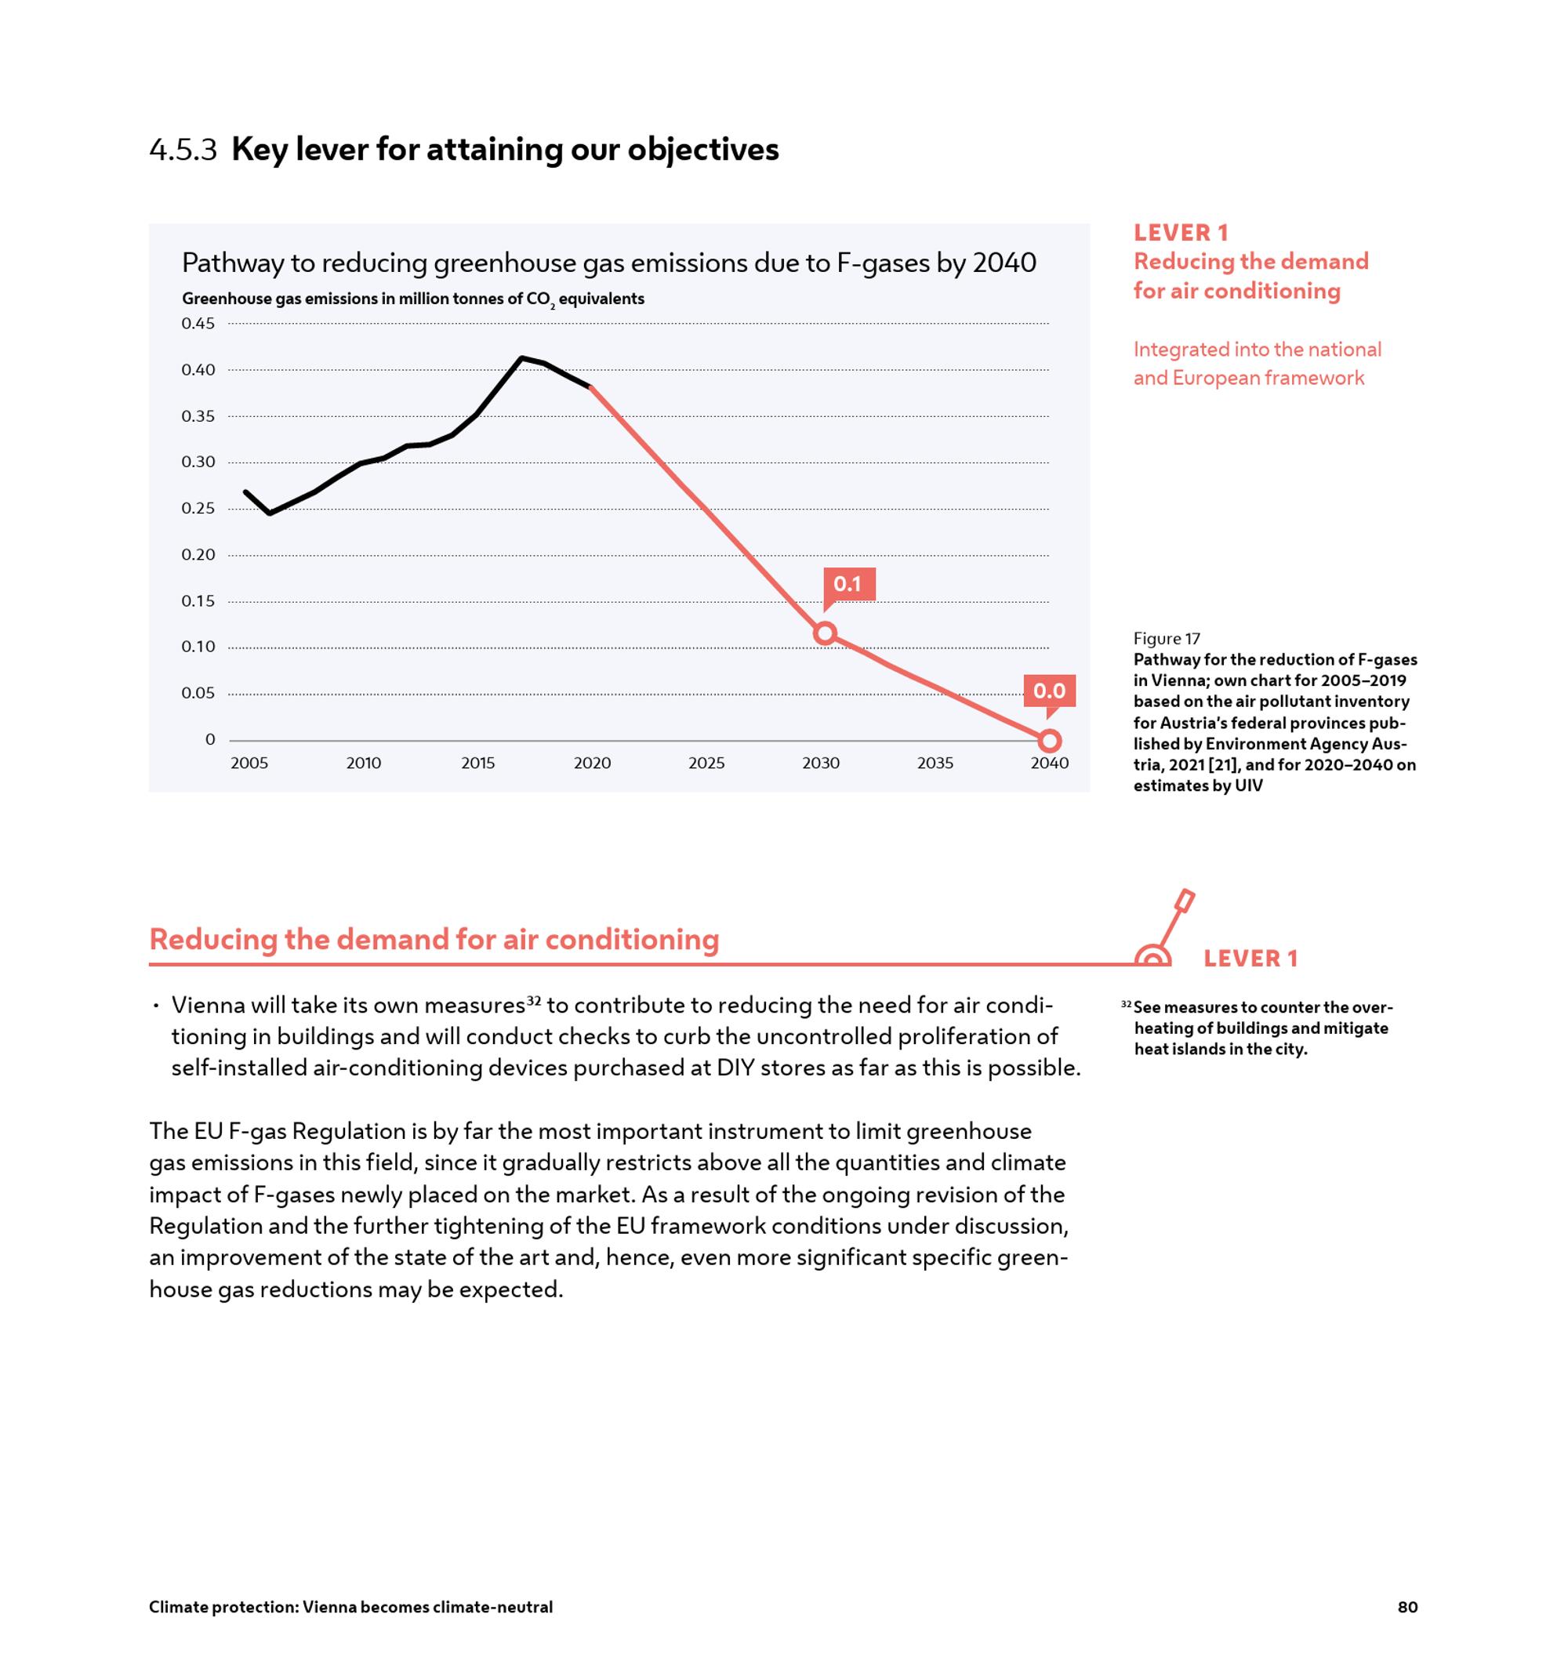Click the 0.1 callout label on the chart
click(x=848, y=584)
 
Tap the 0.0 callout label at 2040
click(x=1048, y=691)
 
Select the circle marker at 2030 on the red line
click(x=825, y=633)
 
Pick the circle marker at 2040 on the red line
click(x=1048, y=741)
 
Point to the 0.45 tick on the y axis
click(x=198, y=324)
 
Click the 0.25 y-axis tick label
click(x=198, y=509)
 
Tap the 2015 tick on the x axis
click(x=477, y=763)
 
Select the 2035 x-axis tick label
click(x=935, y=763)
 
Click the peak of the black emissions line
click(x=521, y=358)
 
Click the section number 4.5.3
click(x=183, y=150)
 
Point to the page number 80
click(x=1407, y=1607)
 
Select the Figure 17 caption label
click(x=1166, y=639)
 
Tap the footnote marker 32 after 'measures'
click(x=533, y=1001)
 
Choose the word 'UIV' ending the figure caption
click(x=1248, y=785)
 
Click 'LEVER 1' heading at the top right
click(x=1180, y=233)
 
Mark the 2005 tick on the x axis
click(x=249, y=763)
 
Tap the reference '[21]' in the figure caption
click(x=1225, y=764)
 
